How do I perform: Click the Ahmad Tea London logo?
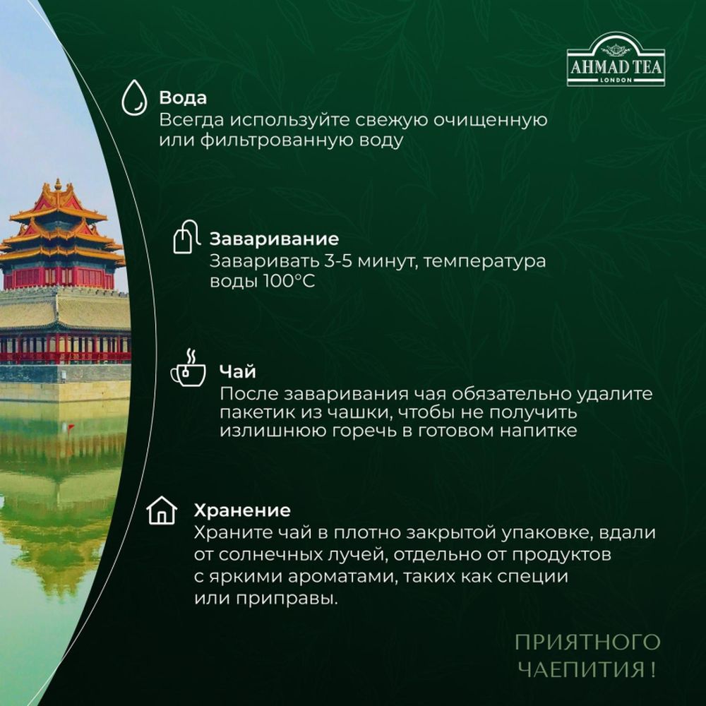click(x=616, y=61)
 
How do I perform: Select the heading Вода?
click(x=183, y=97)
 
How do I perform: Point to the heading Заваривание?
click(x=274, y=239)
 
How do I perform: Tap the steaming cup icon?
click(x=188, y=369)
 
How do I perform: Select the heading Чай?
click(x=237, y=371)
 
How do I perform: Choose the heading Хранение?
click(x=242, y=510)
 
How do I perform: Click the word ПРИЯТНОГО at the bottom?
click(x=587, y=642)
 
